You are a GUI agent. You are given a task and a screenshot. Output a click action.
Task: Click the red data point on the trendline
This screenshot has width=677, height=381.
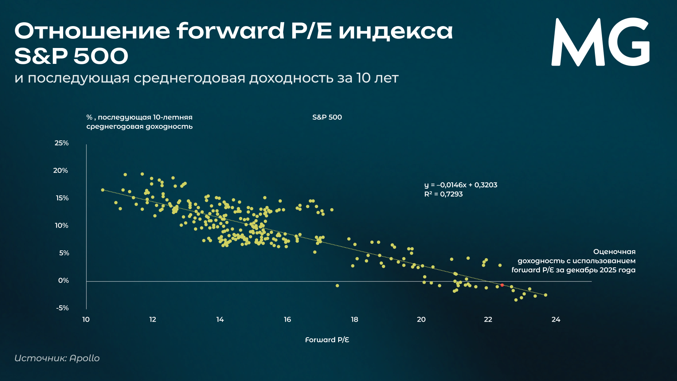(x=502, y=285)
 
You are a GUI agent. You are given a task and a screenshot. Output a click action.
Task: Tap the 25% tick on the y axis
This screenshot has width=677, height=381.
(x=62, y=143)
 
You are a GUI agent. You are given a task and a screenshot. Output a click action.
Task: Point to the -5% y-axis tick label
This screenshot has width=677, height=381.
(x=62, y=308)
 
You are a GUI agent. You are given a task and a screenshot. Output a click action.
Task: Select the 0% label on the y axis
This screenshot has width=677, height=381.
(x=63, y=281)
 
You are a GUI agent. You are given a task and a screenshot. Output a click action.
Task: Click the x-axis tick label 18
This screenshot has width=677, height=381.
(x=354, y=320)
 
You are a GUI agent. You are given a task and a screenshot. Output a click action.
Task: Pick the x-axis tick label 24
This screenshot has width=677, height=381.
(x=556, y=320)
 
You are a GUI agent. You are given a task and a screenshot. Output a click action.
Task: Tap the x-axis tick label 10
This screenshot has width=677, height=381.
(x=86, y=320)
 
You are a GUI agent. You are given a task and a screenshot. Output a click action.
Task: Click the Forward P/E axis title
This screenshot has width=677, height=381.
(x=327, y=340)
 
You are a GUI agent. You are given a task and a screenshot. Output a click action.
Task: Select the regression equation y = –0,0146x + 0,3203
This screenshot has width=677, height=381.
(x=461, y=185)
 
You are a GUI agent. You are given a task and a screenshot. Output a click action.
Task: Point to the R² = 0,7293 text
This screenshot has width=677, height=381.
(x=443, y=194)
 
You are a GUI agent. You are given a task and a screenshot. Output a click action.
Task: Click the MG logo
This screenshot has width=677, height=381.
(x=600, y=42)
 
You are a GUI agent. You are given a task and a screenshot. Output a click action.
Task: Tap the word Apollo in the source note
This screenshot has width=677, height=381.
(x=85, y=358)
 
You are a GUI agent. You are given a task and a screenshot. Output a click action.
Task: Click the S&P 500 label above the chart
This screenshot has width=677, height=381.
(x=327, y=117)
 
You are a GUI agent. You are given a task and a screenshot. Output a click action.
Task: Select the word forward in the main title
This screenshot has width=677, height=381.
(x=230, y=31)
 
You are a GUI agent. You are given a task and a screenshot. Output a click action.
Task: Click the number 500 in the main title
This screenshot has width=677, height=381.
(x=101, y=56)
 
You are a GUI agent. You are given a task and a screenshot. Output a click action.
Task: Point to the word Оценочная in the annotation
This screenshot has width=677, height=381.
(x=614, y=252)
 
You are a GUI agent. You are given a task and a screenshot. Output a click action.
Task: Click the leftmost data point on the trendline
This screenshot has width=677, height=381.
(x=103, y=190)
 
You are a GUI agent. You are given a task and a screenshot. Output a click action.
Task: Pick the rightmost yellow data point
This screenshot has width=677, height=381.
(x=545, y=295)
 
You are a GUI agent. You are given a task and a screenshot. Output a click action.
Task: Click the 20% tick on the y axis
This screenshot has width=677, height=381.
(x=61, y=171)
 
